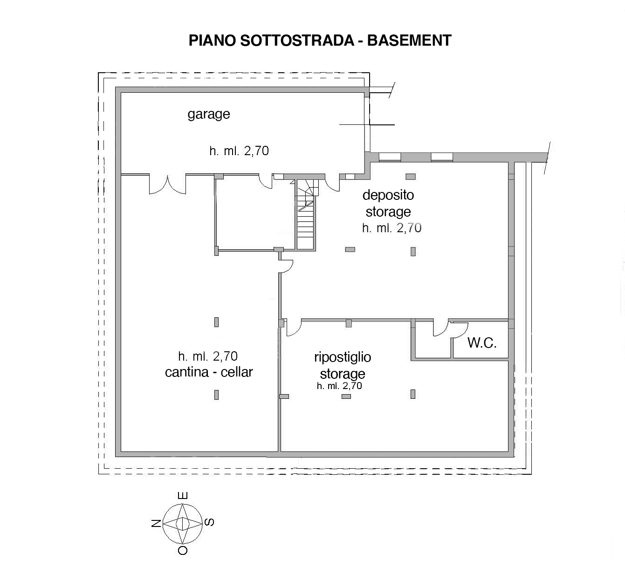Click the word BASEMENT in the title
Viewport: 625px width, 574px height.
[x=409, y=40]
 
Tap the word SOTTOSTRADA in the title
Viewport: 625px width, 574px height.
[x=297, y=40]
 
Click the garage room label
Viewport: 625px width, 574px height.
[x=209, y=114]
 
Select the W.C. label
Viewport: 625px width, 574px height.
[x=481, y=343]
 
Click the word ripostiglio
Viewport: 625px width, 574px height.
[x=343, y=357]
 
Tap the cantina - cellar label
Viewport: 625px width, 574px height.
[x=209, y=372]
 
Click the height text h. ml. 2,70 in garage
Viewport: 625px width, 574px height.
[x=239, y=151]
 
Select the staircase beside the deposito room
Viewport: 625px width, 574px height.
[x=306, y=214]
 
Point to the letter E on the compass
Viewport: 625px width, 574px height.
[x=183, y=496]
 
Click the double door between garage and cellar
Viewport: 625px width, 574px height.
[x=168, y=184]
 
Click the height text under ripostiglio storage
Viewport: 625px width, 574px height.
[x=339, y=386]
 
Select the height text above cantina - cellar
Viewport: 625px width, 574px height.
[x=208, y=355]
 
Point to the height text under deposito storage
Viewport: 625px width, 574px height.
[x=391, y=228]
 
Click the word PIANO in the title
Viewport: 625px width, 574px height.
[x=212, y=40]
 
